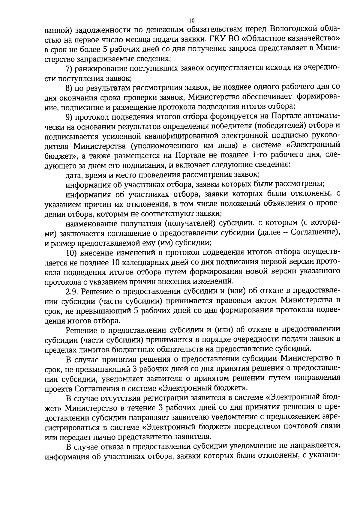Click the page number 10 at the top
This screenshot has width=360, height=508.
pyautogui.click(x=192, y=21)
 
